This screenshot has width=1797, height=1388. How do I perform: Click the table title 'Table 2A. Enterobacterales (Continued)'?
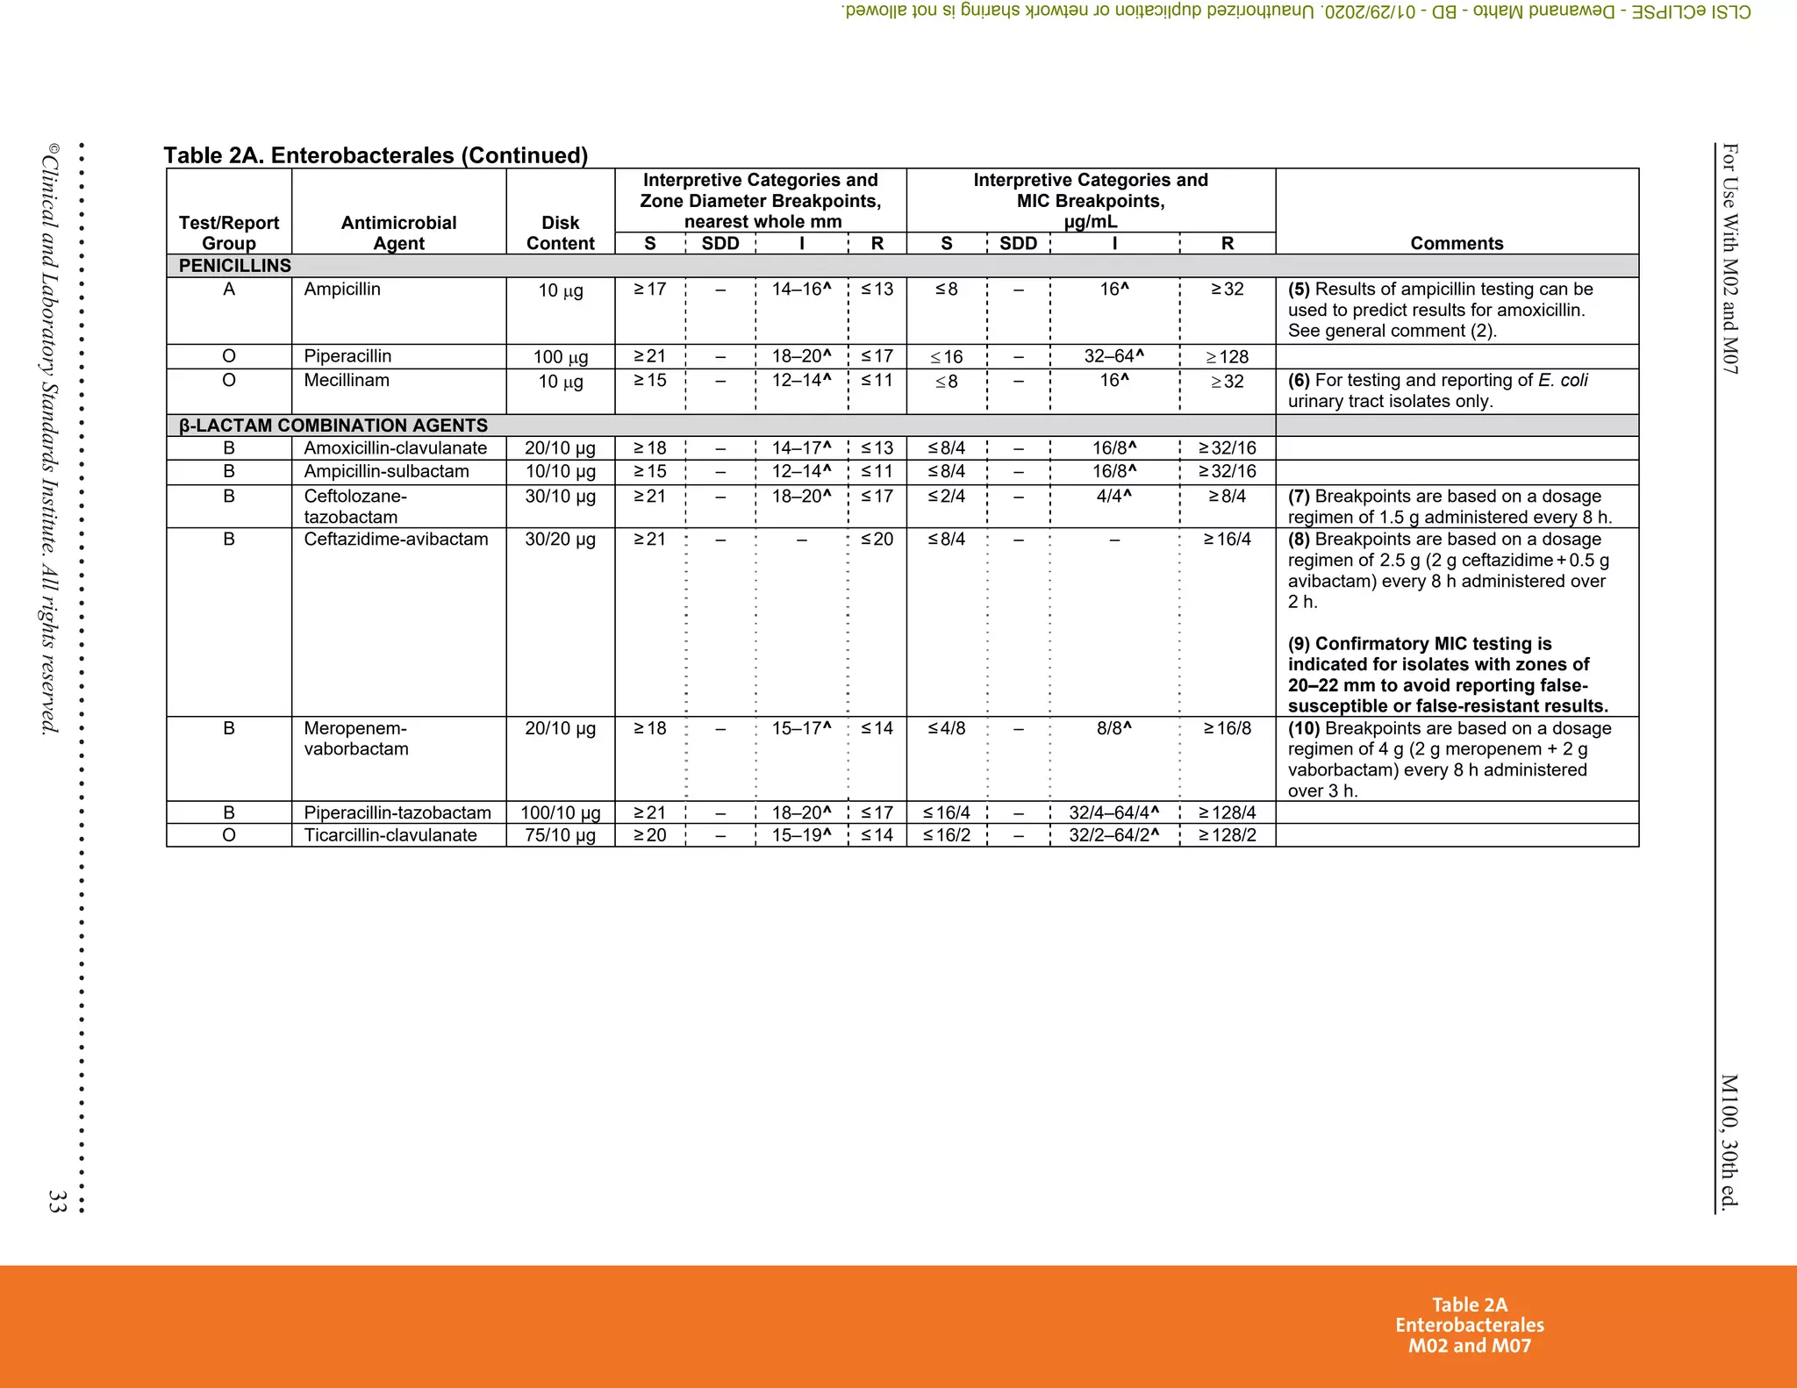[376, 155]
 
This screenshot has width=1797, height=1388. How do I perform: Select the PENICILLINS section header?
[234, 266]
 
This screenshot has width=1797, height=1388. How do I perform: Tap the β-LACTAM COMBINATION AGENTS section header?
[333, 426]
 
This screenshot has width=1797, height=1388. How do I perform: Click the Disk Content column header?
[560, 233]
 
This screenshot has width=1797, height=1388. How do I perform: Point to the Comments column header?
[1457, 243]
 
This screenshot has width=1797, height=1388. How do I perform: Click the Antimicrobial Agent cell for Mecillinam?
[347, 381]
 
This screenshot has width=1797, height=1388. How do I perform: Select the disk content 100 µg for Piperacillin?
[560, 357]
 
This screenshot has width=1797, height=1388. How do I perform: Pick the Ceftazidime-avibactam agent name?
[396, 540]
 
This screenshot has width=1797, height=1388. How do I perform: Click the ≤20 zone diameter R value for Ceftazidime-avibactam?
[877, 540]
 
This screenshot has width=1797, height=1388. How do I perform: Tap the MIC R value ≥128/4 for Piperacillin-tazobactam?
[1227, 813]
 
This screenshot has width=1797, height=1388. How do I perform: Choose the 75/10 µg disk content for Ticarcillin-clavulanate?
[560, 835]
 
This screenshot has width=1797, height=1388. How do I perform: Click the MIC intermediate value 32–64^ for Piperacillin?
[1113, 356]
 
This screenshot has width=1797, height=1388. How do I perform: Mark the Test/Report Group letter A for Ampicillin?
[229, 290]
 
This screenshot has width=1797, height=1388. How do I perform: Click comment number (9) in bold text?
[1299, 644]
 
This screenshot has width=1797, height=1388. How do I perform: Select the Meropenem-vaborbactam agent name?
[355, 739]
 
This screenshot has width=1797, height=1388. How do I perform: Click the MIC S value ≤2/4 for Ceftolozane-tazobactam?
[946, 497]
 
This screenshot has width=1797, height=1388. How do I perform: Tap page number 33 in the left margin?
[57, 1201]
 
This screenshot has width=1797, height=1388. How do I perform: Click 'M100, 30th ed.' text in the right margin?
[1729, 1141]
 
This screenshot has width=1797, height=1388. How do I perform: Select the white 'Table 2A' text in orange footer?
[1470, 1305]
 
